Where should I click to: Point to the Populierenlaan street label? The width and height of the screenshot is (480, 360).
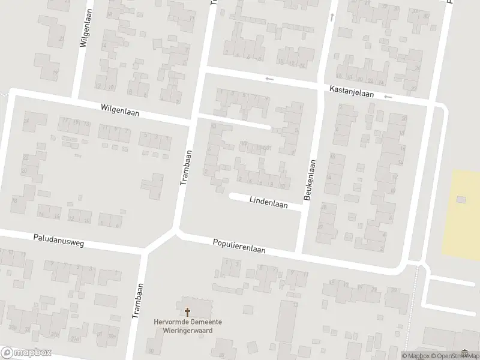tap(239, 246)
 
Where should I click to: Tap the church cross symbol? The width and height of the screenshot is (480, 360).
tap(187, 312)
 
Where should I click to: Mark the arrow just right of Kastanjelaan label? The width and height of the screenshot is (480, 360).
tap(388, 97)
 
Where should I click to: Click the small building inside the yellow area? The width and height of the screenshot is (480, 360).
tap(461, 199)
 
